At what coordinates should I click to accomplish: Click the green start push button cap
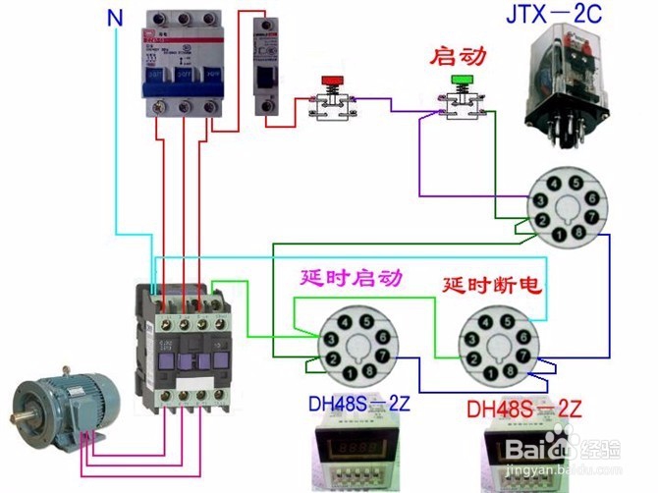click(460, 79)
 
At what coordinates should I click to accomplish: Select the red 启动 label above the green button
click(459, 57)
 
